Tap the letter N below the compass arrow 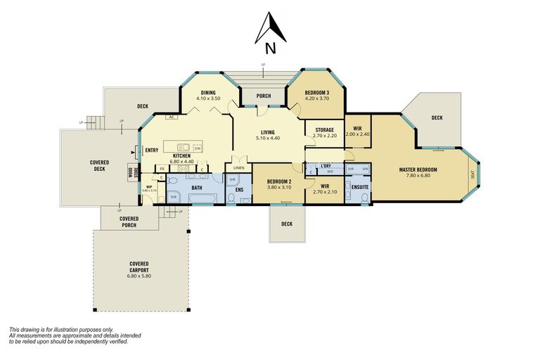click(270, 49)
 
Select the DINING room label click(208, 93)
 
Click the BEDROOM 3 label click(316, 93)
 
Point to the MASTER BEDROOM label click(418, 169)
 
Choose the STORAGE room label click(324, 129)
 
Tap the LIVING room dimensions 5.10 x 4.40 click(268, 139)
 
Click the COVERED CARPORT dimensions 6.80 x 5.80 click(139, 276)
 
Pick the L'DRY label click(326, 166)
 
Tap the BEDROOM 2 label click(279, 181)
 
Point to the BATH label click(196, 188)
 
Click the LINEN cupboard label click(238, 168)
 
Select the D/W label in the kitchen click(198, 148)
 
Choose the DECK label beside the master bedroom click(437, 118)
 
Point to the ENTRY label click(151, 150)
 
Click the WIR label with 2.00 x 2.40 click(357, 130)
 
